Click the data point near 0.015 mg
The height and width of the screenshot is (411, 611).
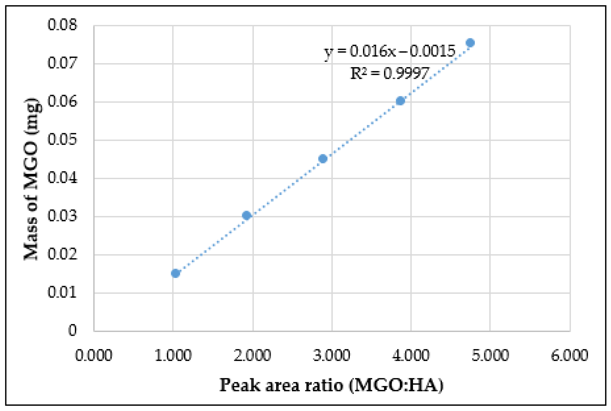(x=175, y=273)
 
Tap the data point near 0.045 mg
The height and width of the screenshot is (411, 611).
(x=323, y=159)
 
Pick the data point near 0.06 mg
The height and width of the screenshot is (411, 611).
(x=400, y=101)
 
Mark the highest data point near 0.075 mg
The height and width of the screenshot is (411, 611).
(x=470, y=42)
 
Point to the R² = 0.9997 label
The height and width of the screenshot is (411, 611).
(x=390, y=73)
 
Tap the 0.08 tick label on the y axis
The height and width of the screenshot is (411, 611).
(x=62, y=25)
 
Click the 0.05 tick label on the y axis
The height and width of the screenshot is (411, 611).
(x=62, y=140)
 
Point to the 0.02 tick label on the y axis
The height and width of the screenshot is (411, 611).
(x=62, y=254)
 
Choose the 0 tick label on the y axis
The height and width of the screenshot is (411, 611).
(x=73, y=330)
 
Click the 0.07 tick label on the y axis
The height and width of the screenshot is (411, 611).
(x=62, y=63)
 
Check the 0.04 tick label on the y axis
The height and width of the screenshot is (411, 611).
(x=62, y=178)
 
